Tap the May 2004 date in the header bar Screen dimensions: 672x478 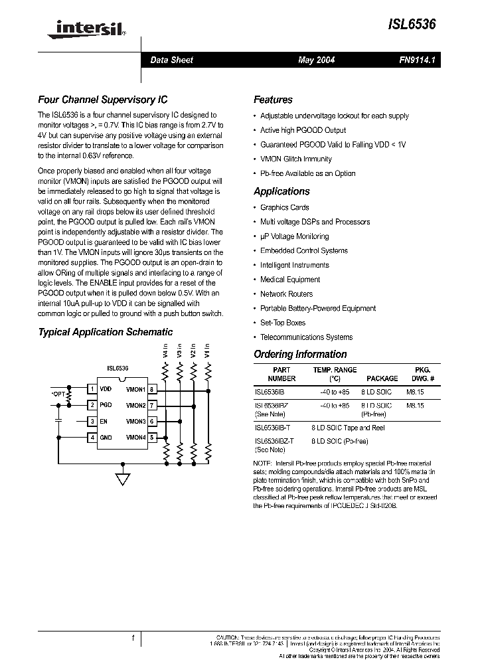pos(316,60)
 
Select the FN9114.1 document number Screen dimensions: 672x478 pos(417,60)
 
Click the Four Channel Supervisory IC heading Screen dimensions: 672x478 pos(102,100)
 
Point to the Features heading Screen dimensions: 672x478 pos(273,100)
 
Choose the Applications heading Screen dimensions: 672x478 pos(281,191)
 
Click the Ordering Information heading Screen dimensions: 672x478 pos(300,355)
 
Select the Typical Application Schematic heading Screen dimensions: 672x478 pos(105,332)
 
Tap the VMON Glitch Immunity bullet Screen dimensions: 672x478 pos(295,159)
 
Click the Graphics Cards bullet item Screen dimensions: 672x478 pos(284,208)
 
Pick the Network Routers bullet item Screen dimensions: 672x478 pos(286,294)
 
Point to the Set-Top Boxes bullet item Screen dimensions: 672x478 pos(282,323)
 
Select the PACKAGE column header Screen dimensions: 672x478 pos(382,378)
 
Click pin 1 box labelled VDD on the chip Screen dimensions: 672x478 pos(92,389)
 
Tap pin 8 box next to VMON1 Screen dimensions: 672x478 pos(152,389)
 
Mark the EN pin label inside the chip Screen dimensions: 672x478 pos(104,421)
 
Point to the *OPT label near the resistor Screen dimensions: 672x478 pos(58,394)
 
